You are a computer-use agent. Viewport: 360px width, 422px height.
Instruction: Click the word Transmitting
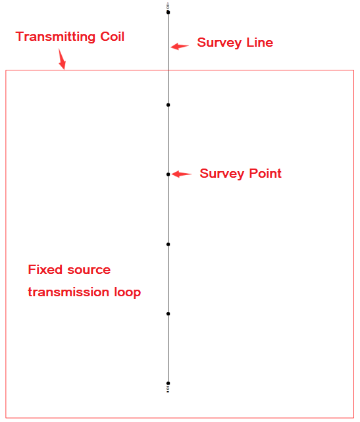pyautogui.click(x=55, y=37)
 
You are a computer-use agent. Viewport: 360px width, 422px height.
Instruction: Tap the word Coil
pyautogui.click(x=112, y=36)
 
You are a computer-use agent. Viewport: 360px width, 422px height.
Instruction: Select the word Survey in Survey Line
pyautogui.click(x=219, y=43)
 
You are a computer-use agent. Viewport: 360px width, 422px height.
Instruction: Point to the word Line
pyautogui.click(x=260, y=43)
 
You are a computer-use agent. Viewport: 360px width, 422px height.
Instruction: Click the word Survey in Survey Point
pyautogui.click(x=222, y=174)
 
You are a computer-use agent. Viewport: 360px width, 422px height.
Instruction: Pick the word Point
pyautogui.click(x=265, y=174)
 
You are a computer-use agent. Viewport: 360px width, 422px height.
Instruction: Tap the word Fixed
pyautogui.click(x=45, y=269)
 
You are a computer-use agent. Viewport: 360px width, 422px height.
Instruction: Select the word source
pyautogui.click(x=89, y=270)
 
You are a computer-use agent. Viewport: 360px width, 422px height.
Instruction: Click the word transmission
pyautogui.click(x=68, y=292)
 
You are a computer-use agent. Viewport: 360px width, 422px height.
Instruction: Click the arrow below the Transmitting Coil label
pyautogui.click(x=62, y=59)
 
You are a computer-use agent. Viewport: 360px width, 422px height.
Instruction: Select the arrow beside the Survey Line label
pyautogui.click(x=180, y=46)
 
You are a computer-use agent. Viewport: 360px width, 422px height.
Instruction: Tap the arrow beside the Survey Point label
pyautogui.click(x=182, y=174)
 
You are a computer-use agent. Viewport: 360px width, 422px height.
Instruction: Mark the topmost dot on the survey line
pyautogui.click(x=168, y=13)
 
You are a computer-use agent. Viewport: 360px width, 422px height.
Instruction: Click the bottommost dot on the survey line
pyautogui.click(x=168, y=383)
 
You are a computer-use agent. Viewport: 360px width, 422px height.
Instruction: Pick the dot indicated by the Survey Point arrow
pyautogui.click(x=168, y=174)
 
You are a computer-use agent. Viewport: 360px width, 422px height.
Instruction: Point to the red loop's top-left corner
pyautogui.click(x=6, y=70)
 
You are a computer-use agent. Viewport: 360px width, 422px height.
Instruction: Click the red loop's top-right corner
pyautogui.click(x=353, y=70)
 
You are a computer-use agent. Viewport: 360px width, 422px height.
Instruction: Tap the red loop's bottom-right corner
pyautogui.click(x=353, y=417)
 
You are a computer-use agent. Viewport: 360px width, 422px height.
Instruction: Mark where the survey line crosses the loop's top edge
pyautogui.click(x=168, y=70)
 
